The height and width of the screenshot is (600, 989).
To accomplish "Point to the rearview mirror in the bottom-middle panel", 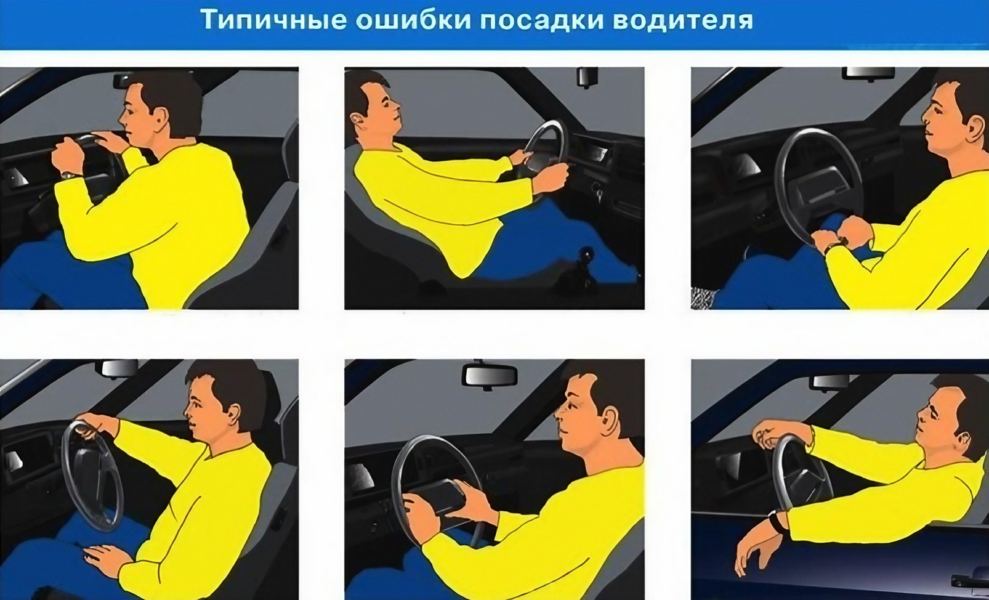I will [x=490, y=375].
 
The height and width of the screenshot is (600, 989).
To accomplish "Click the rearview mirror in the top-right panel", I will [x=868, y=73].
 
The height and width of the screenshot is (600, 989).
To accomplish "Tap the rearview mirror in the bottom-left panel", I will [x=119, y=368].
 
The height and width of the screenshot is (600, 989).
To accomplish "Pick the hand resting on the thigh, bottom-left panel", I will [x=105, y=556].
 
